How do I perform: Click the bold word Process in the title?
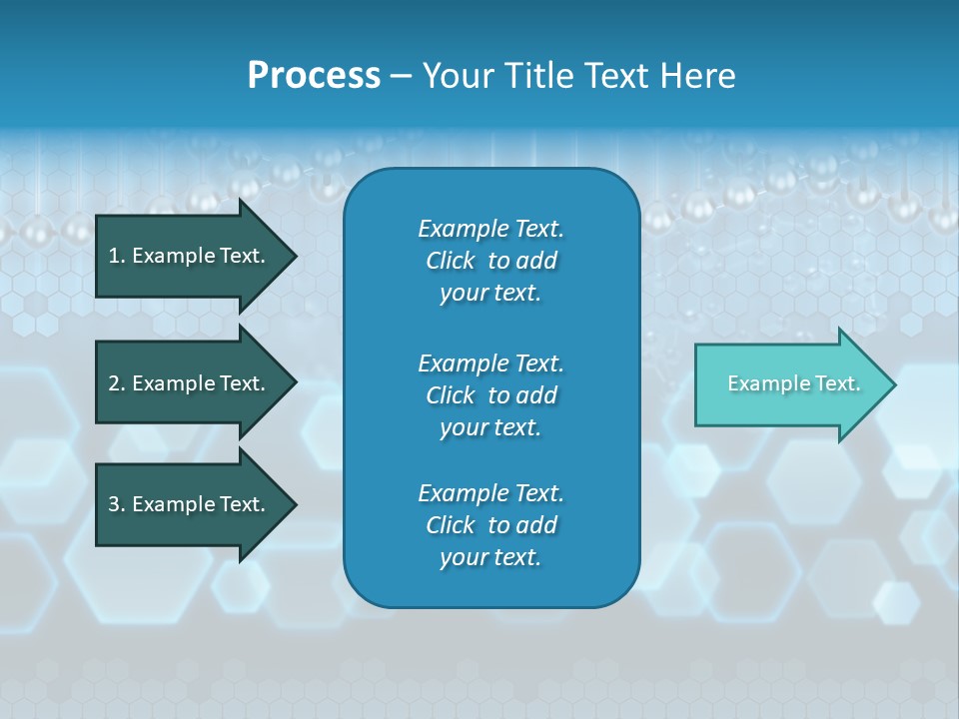(314, 76)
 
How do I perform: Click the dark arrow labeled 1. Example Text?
(190, 256)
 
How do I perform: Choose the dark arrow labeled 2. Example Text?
(190, 383)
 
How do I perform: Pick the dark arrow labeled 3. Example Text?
(190, 504)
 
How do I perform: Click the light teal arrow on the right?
(789, 383)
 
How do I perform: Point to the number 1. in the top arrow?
(117, 256)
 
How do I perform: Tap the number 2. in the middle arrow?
(117, 383)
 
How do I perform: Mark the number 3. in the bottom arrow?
(117, 504)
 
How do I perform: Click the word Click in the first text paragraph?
(451, 261)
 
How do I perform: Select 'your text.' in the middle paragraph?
(490, 427)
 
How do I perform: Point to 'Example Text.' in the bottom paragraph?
(490, 493)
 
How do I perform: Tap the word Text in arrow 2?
(242, 383)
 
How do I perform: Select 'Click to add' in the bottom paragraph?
(490, 525)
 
